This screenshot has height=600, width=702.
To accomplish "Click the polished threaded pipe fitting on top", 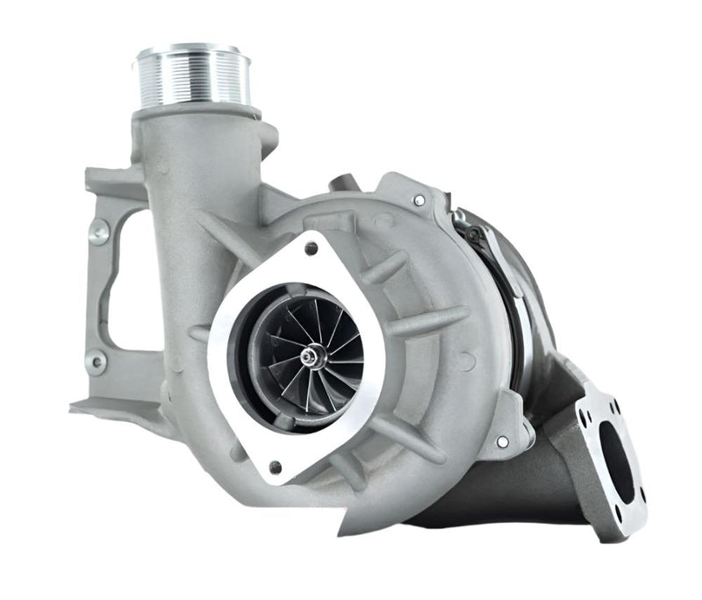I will coord(195,77).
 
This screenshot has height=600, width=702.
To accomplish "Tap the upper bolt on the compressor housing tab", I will coord(419,201).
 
